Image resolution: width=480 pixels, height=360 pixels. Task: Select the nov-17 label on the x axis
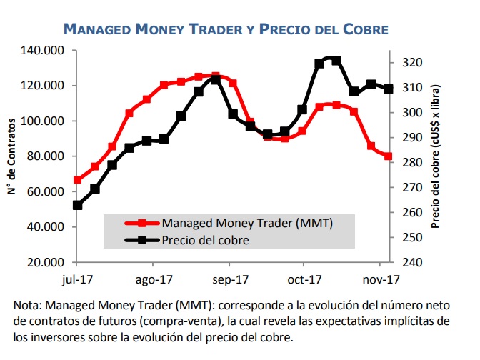(381, 279)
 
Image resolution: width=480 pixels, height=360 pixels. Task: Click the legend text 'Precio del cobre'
(206, 240)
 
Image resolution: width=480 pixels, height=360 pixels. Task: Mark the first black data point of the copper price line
(77, 205)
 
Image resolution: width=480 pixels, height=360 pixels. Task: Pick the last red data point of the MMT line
(389, 156)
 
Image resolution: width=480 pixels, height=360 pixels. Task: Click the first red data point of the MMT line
(77, 180)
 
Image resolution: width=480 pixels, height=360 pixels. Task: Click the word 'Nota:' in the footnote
(28, 305)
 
